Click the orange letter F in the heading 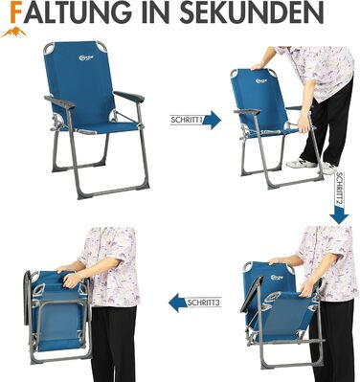tap(17, 11)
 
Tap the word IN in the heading tap(157, 12)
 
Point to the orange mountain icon tap(13, 33)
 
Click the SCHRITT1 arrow tap(195, 120)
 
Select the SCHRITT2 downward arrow tap(339, 198)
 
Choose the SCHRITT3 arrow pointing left tap(194, 303)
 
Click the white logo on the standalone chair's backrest tap(82, 57)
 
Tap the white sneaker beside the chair tap(299, 163)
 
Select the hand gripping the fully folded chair tap(72, 280)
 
